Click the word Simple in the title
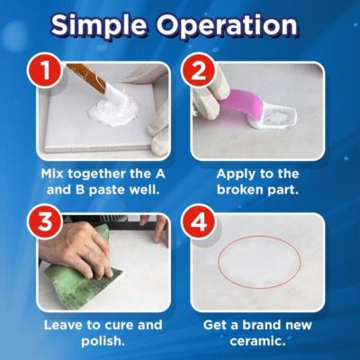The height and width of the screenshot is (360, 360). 98,25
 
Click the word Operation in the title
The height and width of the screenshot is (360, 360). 227,25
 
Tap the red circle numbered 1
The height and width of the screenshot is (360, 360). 44,71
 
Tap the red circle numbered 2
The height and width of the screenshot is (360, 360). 198,71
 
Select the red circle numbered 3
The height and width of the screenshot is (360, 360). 44,222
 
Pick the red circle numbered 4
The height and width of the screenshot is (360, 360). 198,222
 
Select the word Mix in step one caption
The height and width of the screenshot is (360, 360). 52,174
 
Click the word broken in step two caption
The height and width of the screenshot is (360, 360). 237,190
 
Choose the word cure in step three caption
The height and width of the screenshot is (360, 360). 119,326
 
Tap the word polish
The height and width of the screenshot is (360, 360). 103,342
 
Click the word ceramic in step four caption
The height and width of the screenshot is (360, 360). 257,341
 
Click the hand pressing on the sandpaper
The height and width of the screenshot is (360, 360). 75,249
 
